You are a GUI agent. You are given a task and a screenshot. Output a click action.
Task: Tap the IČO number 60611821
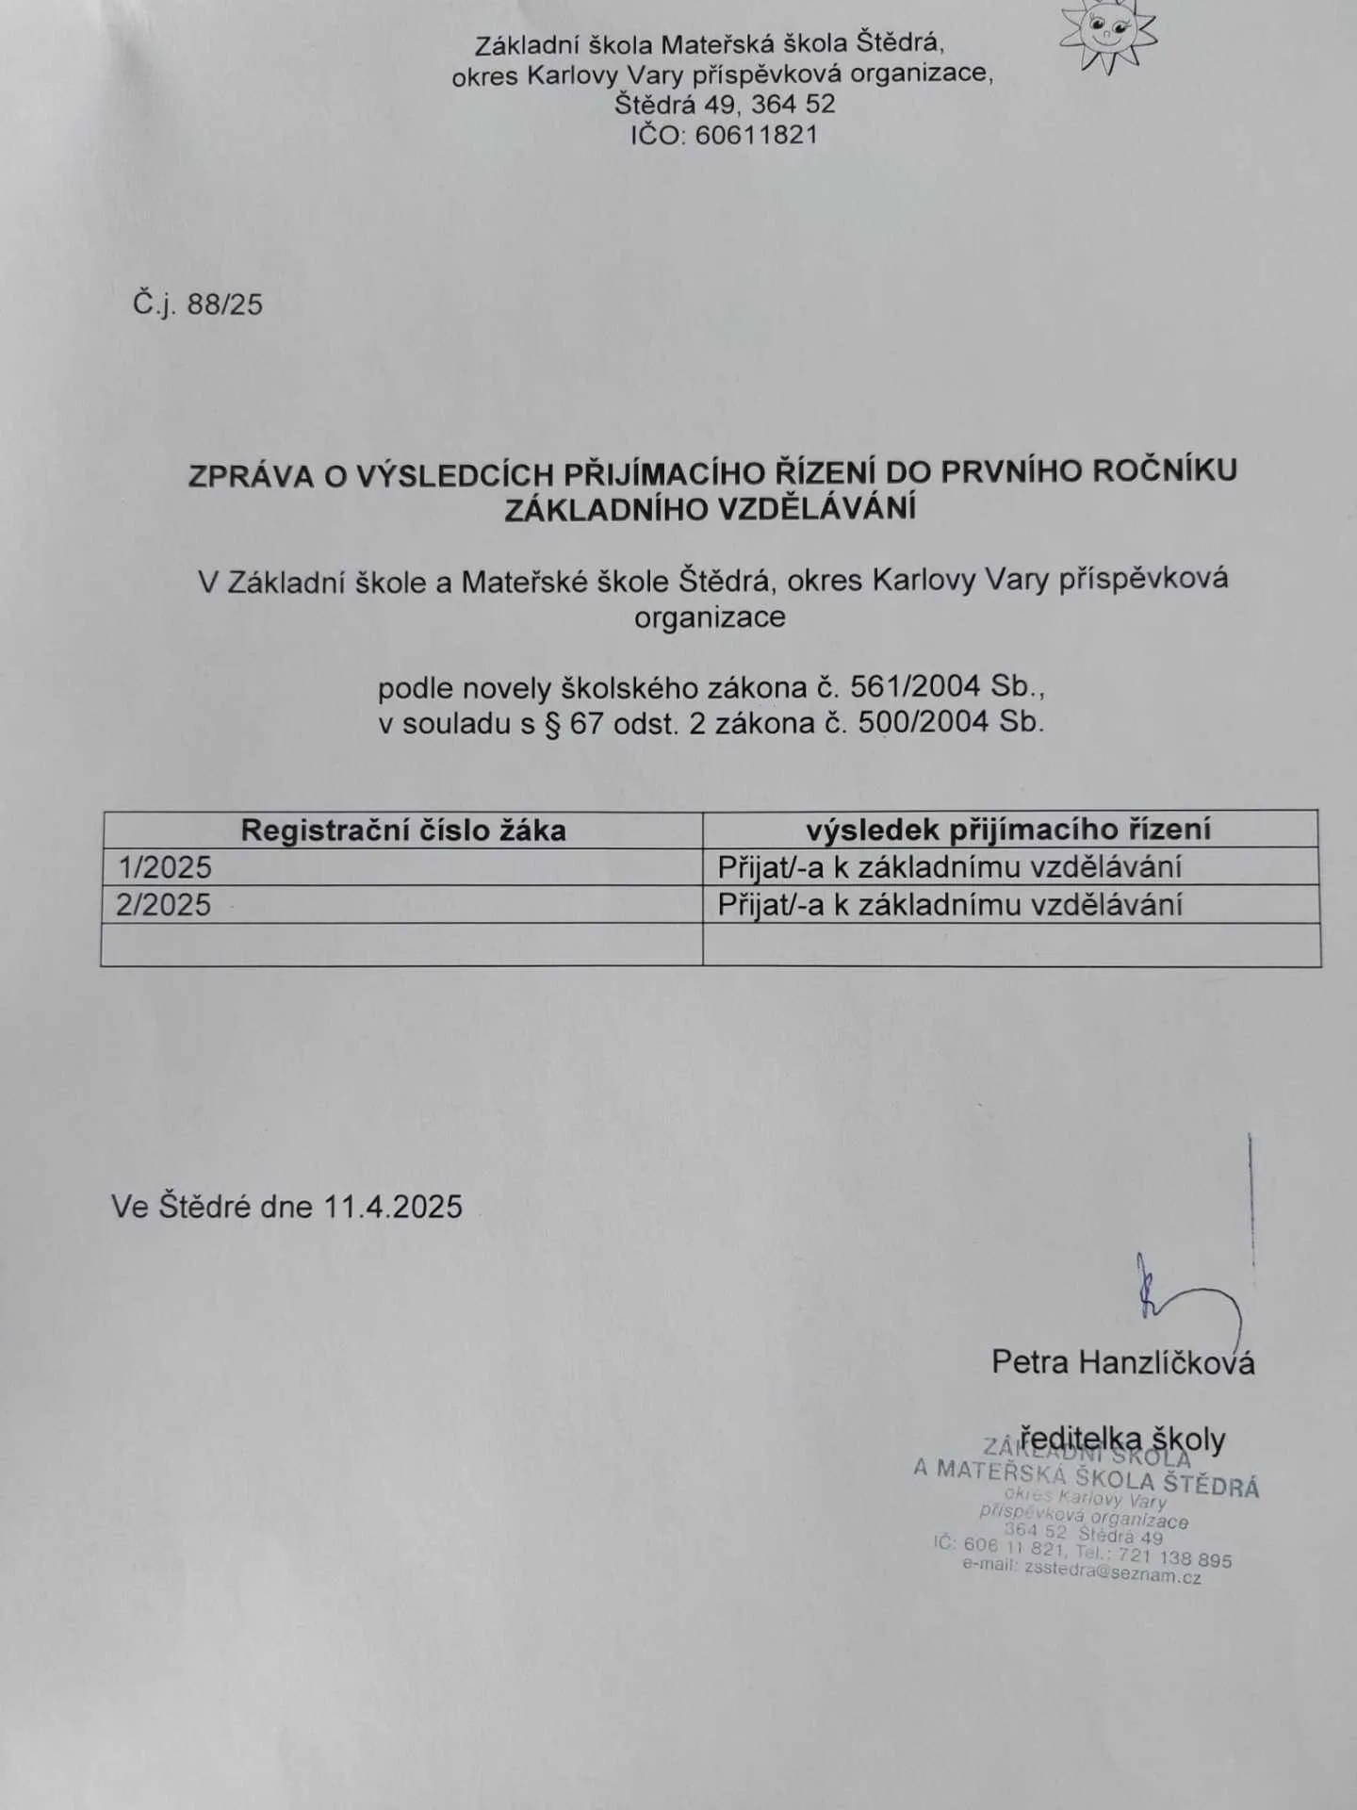tap(756, 135)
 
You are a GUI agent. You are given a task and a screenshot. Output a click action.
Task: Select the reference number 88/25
tap(224, 304)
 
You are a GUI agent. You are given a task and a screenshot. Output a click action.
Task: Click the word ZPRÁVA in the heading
tap(251, 476)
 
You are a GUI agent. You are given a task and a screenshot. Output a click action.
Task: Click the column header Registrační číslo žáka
tap(403, 831)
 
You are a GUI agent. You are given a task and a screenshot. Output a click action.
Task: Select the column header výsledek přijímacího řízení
tap(1008, 830)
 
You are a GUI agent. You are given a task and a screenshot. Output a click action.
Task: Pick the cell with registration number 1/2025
tap(164, 867)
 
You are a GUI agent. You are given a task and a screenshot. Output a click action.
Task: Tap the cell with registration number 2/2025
tap(164, 905)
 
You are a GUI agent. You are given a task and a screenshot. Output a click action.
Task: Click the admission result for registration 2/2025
tap(949, 905)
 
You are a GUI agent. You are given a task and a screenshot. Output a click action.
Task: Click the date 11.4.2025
tap(393, 1207)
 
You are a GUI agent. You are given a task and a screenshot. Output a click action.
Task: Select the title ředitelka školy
tap(1122, 1440)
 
